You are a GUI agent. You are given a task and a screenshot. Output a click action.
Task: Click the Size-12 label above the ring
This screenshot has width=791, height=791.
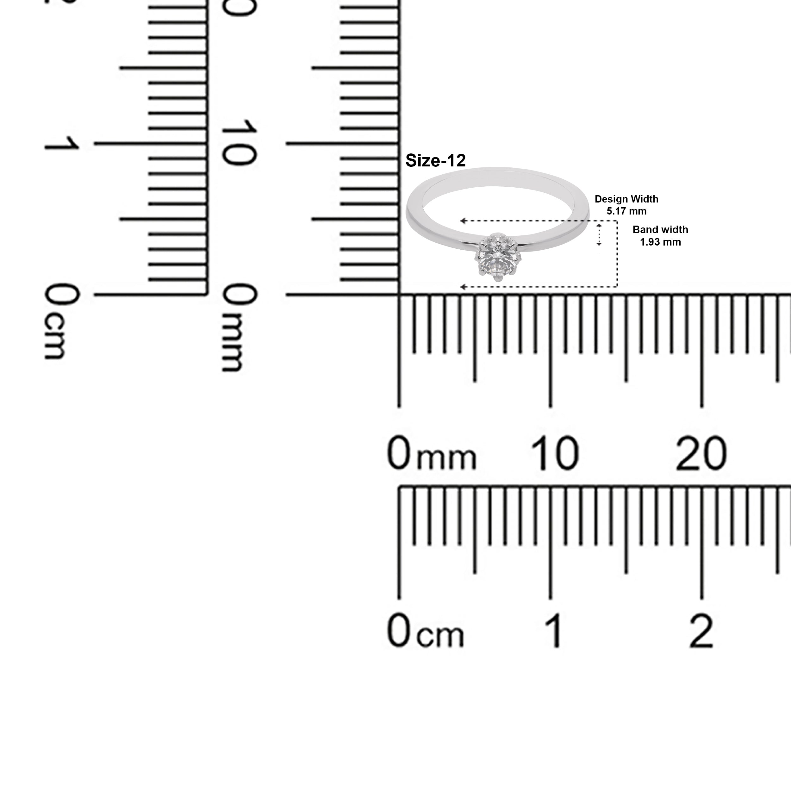(x=435, y=160)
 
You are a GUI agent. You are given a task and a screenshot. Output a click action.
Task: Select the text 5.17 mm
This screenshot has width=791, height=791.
(x=626, y=211)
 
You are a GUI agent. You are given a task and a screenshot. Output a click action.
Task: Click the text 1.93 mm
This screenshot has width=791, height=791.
(x=660, y=242)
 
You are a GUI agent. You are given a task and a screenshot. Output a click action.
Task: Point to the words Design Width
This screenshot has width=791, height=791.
(x=626, y=199)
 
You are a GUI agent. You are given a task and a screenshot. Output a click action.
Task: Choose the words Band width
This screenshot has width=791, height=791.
(x=660, y=230)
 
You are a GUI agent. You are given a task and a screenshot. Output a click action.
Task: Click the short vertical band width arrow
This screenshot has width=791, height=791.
(x=599, y=234)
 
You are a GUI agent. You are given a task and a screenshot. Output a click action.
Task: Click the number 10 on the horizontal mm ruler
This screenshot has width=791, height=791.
(x=555, y=453)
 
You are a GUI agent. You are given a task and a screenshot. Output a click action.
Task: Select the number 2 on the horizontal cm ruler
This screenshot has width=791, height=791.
(x=701, y=631)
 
